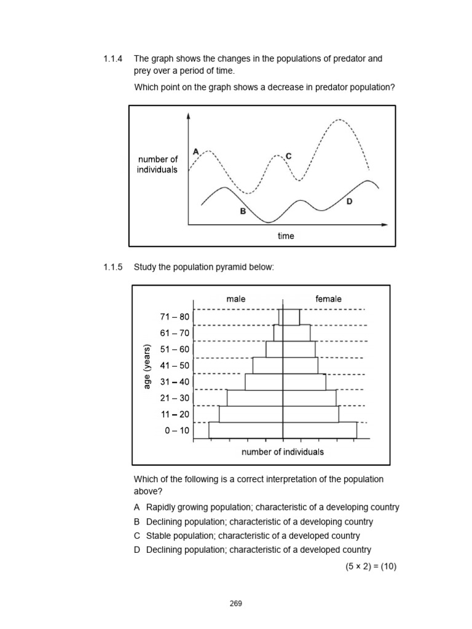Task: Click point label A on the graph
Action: pos(195,150)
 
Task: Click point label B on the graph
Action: pos(243,211)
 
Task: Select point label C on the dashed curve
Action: pos(288,157)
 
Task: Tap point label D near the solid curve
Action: pos(350,201)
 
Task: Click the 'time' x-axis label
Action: pos(286,236)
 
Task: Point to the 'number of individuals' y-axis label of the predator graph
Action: pos(157,165)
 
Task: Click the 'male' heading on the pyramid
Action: pos(236,299)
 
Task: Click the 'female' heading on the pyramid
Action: pos(329,299)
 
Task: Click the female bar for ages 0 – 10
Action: pos(320,430)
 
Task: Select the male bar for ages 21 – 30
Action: pos(254,397)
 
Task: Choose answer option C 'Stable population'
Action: pos(253,536)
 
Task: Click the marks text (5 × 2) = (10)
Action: pos(371,566)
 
